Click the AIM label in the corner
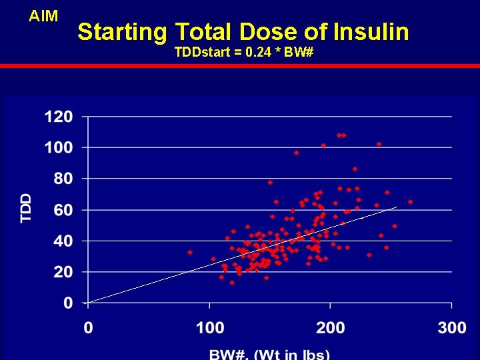coord(43,16)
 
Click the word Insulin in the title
coord(371,31)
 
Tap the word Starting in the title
coord(122,32)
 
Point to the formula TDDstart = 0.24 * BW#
coord(243,51)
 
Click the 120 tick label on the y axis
coord(59,117)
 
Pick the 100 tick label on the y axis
coord(59,147)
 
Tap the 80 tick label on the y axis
coord(63,179)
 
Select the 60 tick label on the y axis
coord(63,210)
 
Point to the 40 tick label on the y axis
coord(63,241)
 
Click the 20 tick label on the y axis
coord(63,272)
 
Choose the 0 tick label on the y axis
coord(68,303)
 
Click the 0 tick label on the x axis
coord(88,328)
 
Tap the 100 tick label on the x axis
coord(209,328)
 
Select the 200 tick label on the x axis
coord(331,328)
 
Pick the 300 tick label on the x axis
coord(451,328)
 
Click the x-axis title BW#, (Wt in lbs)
coord(270,353)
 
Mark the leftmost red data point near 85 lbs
coord(190,252)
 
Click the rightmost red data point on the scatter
coord(410,201)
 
